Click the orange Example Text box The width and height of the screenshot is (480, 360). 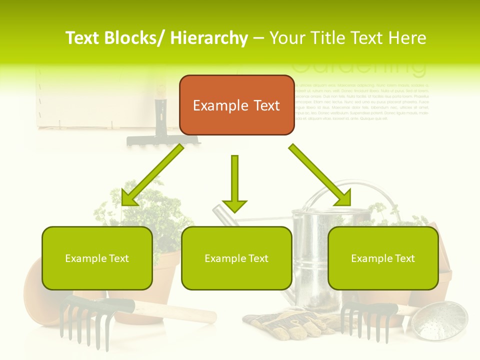click(x=236, y=105)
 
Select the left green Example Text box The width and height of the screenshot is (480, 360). click(x=97, y=258)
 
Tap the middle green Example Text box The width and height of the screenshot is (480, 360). click(x=236, y=258)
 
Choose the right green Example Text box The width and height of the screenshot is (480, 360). click(x=383, y=258)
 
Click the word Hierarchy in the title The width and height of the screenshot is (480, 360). click(x=208, y=38)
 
